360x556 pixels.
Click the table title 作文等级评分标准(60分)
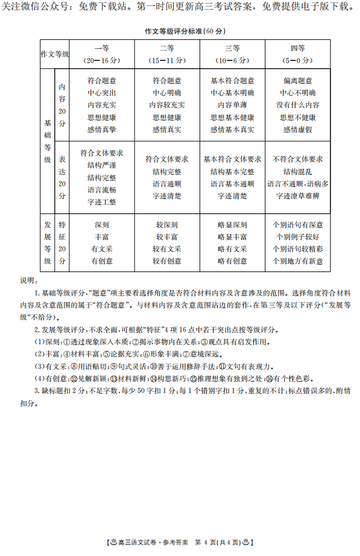(x=180, y=31)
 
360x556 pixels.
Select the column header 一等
(x=101, y=49)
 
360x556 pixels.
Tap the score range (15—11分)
(x=166, y=60)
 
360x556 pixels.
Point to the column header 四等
(x=297, y=49)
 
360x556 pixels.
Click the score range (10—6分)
(x=232, y=60)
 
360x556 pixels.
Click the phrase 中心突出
(x=101, y=93)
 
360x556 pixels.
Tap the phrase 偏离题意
(x=297, y=81)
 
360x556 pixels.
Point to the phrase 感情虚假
(x=297, y=130)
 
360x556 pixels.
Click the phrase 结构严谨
(x=101, y=165)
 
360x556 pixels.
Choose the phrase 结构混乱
(x=297, y=172)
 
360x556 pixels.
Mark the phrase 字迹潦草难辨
(x=297, y=196)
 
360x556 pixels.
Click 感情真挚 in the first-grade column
(x=101, y=130)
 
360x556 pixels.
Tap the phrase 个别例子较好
(x=297, y=237)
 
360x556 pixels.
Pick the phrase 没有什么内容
(x=297, y=105)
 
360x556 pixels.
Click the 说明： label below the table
(x=28, y=280)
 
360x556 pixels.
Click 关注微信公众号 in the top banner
(x=31, y=7)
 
